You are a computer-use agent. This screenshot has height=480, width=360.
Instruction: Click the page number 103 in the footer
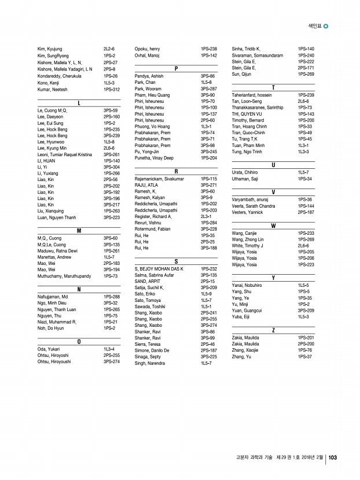coord(333,458)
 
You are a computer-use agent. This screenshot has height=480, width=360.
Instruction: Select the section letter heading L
coord(79,102)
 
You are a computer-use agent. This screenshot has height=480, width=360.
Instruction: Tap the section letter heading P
coord(176,69)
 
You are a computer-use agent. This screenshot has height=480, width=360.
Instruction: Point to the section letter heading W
coord(273,226)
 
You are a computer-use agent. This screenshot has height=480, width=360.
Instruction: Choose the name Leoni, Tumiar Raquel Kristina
coord(64,155)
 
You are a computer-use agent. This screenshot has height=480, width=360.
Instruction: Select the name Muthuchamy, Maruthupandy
coord(64,276)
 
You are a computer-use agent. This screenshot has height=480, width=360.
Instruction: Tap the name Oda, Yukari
coord(49,349)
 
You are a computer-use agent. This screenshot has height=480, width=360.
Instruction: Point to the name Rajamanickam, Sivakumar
coord(159,179)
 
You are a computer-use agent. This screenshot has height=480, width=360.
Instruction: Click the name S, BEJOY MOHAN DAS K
coord(159,269)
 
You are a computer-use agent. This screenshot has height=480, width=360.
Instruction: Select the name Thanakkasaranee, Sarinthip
coord(258,108)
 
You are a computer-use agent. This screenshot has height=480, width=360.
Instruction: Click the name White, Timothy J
coord(247,246)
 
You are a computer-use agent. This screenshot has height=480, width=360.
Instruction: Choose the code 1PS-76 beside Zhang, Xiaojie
coord(305,350)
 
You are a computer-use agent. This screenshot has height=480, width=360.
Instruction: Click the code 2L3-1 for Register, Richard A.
coord(206,216)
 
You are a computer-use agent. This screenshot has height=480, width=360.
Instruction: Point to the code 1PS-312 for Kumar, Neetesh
coord(112,90)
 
